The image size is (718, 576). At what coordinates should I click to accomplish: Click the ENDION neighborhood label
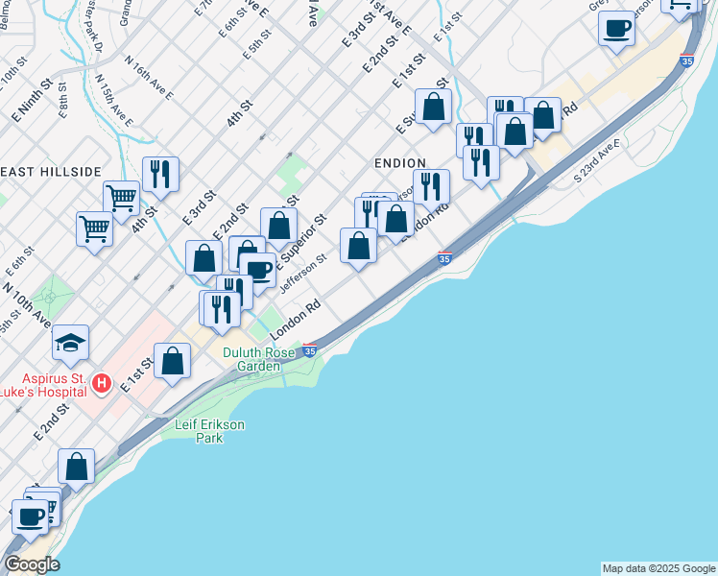pos(399,164)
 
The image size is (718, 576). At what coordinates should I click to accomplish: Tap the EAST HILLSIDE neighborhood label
pos(51,172)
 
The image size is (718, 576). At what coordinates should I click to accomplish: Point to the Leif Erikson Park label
pos(210,430)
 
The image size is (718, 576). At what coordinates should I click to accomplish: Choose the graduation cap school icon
pos(70,343)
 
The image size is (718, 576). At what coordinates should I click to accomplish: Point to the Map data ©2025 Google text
pos(658,568)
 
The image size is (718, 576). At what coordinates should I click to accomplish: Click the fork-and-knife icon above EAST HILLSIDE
pos(160,174)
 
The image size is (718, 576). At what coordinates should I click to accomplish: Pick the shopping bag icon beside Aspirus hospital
pos(173,361)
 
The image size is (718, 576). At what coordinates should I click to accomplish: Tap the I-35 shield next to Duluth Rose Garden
pos(309,351)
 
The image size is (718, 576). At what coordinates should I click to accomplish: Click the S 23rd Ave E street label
pos(596,161)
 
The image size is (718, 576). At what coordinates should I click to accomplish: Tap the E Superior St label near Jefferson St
pos(301,242)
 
